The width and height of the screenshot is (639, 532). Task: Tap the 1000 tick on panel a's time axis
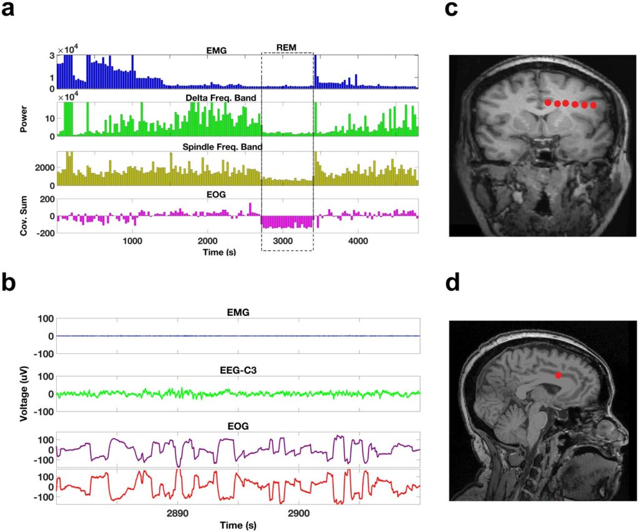click(x=132, y=240)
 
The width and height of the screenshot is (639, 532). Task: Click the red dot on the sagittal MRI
click(x=559, y=375)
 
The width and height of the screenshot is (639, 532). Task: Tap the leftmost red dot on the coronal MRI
click(x=547, y=102)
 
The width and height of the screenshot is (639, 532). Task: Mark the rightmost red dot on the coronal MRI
click(x=593, y=106)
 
